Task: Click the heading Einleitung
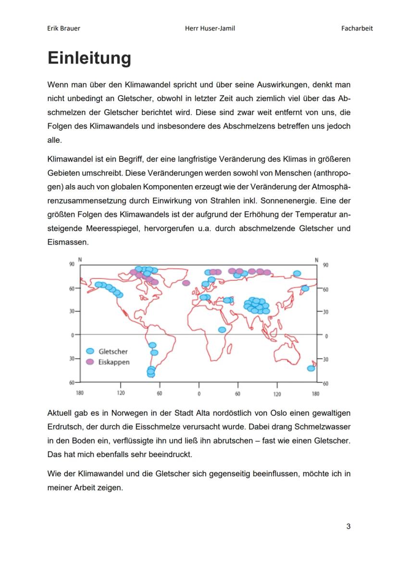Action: (89, 58)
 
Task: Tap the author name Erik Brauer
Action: (64, 28)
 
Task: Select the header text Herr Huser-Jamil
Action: (210, 28)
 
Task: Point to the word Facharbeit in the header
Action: (357, 28)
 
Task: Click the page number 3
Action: (348, 526)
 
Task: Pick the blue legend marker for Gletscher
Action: (90, 351)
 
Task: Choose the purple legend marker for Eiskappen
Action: (90, 362)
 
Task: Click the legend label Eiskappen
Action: (114, 362)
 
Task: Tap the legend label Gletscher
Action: (113, 351)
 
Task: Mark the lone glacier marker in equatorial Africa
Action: (222, 330)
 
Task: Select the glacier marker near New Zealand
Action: (311, 368)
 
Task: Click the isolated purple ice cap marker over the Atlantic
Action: (186, 283)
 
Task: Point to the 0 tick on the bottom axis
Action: (199, 393)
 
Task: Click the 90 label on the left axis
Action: (71, 264)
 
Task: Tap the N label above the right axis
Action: (316, 260)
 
